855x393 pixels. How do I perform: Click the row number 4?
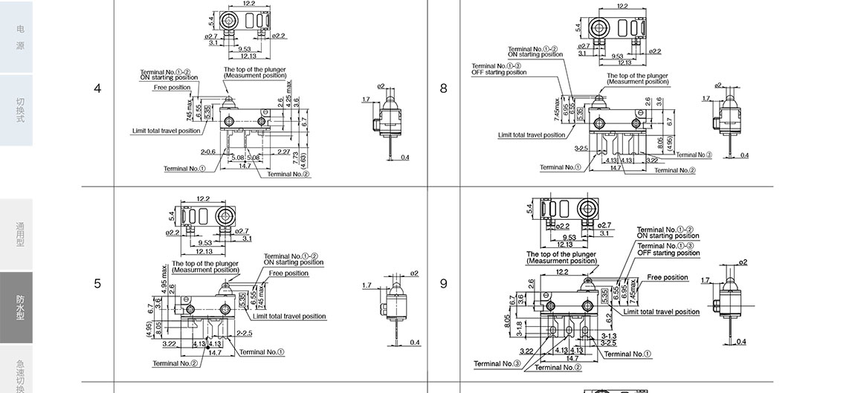(97, 88)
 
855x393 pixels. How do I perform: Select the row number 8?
(444, 88)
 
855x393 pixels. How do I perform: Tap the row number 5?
(97, 284)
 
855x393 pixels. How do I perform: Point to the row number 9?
(444, 284)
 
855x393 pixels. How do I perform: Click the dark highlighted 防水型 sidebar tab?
(20, 307)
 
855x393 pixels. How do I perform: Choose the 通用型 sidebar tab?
(20, 234)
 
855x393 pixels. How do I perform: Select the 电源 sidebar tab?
(20, 37)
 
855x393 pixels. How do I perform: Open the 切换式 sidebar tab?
(20, 109)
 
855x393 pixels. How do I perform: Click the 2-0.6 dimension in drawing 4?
(208, 152)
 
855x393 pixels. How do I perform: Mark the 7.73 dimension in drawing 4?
(295, 157)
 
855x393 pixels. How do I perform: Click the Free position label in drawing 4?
(171, 88)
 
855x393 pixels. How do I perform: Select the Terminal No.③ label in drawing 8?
(694, 155)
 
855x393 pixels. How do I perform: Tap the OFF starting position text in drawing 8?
(499, 73)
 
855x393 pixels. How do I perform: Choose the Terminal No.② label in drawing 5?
(175, 363)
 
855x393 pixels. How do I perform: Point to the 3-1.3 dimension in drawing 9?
(608, 337)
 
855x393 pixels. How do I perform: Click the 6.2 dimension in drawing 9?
(609, 317)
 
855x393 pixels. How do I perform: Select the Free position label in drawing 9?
(668, 278)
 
